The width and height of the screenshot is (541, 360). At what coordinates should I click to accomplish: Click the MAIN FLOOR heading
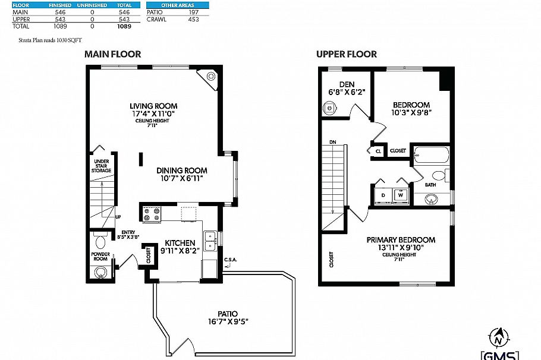112,54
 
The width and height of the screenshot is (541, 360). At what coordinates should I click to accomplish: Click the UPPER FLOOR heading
346,54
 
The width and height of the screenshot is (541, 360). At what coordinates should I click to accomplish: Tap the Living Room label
154,106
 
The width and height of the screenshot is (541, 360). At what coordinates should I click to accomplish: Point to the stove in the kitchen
152,213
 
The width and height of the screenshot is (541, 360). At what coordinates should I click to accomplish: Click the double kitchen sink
210,241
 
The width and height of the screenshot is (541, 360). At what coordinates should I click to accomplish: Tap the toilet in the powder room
100,242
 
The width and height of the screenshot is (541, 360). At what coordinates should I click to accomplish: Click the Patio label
227,314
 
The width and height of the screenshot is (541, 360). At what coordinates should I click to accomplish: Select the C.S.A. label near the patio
231,260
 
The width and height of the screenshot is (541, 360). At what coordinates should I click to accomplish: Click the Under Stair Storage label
101,166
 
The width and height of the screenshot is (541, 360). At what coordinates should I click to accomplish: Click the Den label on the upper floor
347,84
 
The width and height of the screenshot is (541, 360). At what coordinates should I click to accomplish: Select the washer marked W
401,194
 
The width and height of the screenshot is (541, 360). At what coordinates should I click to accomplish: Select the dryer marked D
383,194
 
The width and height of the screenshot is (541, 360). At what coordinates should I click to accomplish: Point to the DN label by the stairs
332,142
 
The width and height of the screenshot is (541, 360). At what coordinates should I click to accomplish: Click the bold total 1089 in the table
124,26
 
